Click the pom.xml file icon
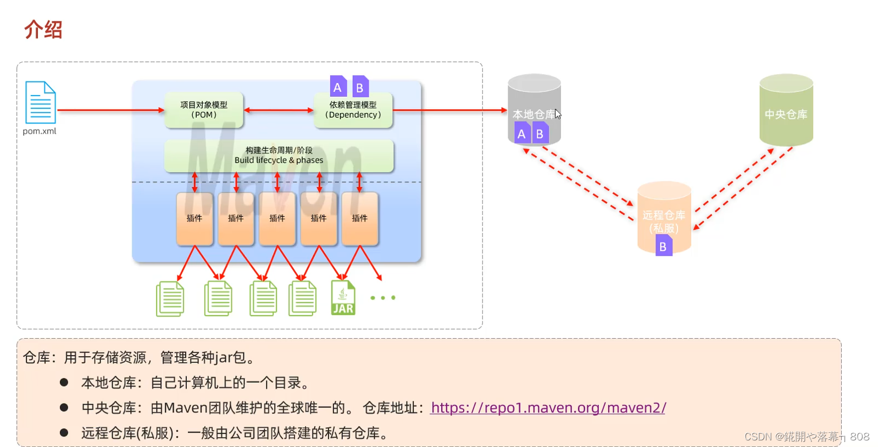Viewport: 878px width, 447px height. pos(40,103)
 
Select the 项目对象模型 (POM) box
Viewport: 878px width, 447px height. pos(204,110)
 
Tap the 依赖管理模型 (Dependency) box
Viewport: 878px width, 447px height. pos(353,110)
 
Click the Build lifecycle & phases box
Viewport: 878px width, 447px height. pos(279,156)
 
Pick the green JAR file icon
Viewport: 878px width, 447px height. pos(343,298)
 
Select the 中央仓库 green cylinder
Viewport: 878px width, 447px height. pos(786,111)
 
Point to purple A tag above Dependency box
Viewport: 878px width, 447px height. pos(337,87)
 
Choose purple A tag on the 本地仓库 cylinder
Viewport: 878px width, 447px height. pos(521,134)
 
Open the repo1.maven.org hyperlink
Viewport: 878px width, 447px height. pos(548,408)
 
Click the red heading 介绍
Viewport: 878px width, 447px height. pos(43,30)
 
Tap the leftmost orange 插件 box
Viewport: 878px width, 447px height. pos(195,218)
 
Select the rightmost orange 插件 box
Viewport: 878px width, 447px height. pos(360,218)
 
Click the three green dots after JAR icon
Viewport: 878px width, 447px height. pos(383,298)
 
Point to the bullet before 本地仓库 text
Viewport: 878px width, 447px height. pos(64,382)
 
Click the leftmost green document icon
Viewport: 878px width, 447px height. pos(170,299)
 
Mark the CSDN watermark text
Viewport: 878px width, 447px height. pos(807,437)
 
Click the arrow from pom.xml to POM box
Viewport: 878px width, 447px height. pos(110,110)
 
